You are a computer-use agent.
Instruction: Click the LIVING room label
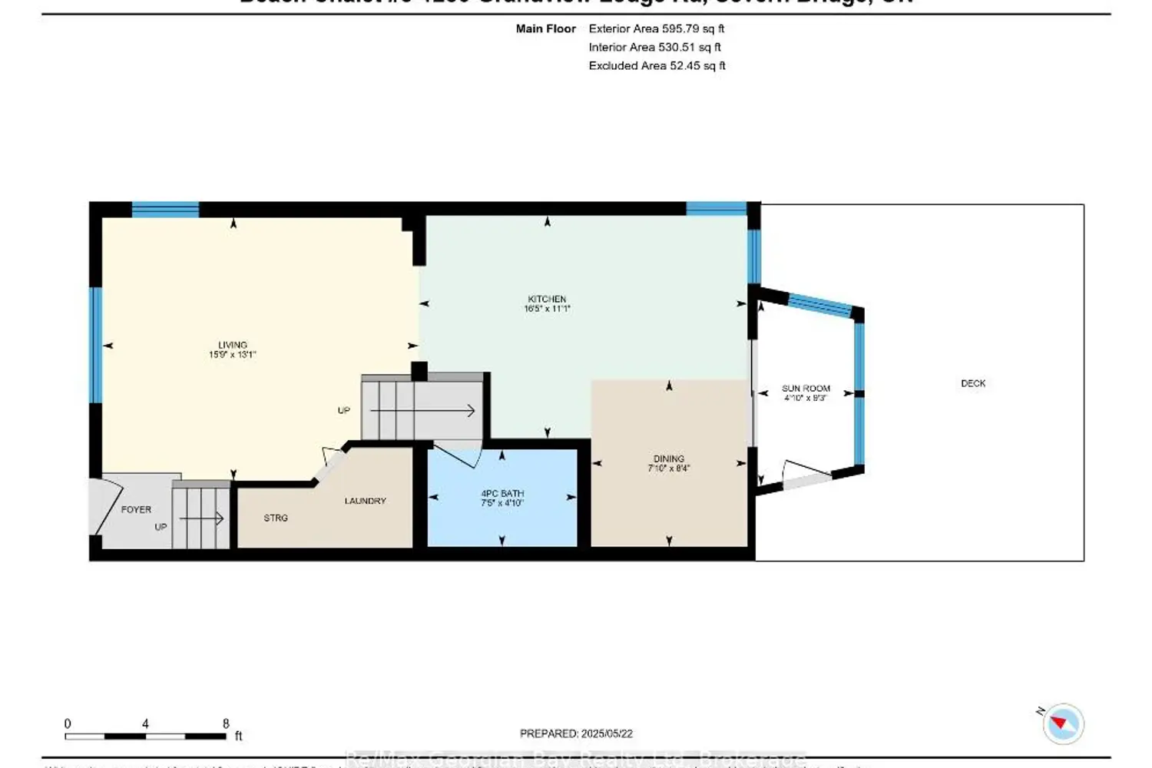[x=232, y=345]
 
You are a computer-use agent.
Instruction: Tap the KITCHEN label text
[x=547, y=299]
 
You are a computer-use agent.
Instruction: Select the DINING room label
[x=668, y=458]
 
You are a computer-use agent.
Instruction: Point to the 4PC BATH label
[x=502, y=494]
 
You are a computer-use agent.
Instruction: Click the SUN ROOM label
[x=806, y=389]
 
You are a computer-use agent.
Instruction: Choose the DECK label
[x=973, y=383]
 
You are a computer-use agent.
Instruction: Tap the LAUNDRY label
[x=365, y=501]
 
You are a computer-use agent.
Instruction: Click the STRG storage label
[x=276, y=518]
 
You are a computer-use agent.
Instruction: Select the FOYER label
[x=136, y=509]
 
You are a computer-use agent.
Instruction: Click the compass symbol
[x=1064, y=723]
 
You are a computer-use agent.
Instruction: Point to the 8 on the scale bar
[x=226, y=723]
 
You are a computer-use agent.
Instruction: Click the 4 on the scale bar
[x=145, y=723]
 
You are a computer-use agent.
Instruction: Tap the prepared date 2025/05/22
[x=607, y=733]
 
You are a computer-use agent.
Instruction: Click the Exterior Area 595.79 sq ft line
[x=656, y=28]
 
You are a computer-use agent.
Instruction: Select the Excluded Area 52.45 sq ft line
[x=657, y=65]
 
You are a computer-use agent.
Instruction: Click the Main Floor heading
[x=545, y=28]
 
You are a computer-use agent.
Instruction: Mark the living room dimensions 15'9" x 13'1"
[x=232, y=355]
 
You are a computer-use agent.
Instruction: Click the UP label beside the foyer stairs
[x=161, y=527]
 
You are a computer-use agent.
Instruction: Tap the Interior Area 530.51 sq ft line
[x=654, y=47]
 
